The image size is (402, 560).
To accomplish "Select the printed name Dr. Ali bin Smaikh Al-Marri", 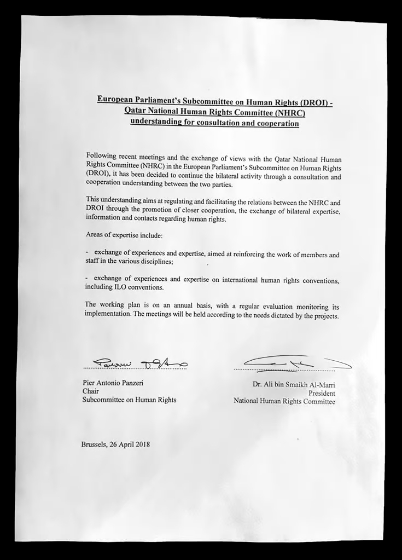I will [x=294, y=385].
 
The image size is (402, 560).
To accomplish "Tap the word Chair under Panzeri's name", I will [x=91, y=391].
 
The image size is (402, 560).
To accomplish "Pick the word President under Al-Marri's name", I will [x=322, y=393].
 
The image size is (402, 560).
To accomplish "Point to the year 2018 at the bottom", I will [x=141, y=444].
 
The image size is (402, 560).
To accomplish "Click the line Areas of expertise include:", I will [x=124, y=234].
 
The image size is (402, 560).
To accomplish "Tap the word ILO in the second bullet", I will [x=121, y=287].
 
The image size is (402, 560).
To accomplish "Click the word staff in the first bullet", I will [x=92, y=262].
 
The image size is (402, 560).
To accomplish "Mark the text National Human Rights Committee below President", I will [x=284, y=401].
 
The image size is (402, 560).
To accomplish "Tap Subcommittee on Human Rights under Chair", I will [x=129, y=400].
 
